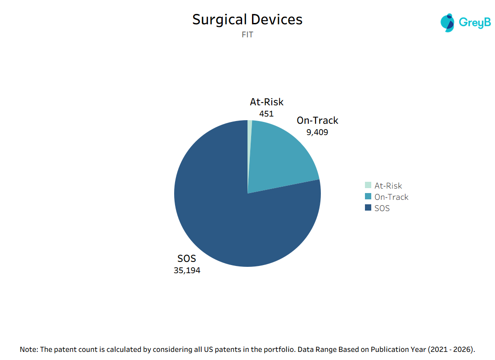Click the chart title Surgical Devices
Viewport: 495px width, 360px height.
pyautogui.click(x=247, y=20)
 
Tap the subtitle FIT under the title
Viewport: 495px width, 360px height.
pyautogui.click(x=247, y=35)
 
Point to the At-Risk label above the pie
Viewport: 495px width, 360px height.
pyautogui.click(x=266, y=102)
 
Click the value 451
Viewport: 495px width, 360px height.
pyautogui.click(x=266, y=114)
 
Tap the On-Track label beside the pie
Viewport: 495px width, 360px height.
pyautogui.click(x=317, y=121)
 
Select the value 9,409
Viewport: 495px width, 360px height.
pyautogui.click(x=317, y=132)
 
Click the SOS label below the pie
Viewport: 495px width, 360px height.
pyautogui.click(x=187, y=259)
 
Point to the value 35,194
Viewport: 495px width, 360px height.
pyautogui.click(x=187, y=270)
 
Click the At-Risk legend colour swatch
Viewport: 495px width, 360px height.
pyautogui.click(x=368, y=185)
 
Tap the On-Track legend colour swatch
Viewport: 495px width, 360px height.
pyautogui.click(x=368, y=197)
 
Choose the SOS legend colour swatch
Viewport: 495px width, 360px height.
pyautogui.click(x=368, y=208)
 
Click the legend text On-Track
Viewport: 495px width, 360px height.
pyautogui.click(x=391, y=197)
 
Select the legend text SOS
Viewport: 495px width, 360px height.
pyautogui.click(x=382, y=208)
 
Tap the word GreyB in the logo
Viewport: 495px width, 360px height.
pyautogui.click(x=474, y=22)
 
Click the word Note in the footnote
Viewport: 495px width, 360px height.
pyautogui.click(x=28, y=349)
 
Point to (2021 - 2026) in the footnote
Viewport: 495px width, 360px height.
pyautogui.click(x=451, y=349)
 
